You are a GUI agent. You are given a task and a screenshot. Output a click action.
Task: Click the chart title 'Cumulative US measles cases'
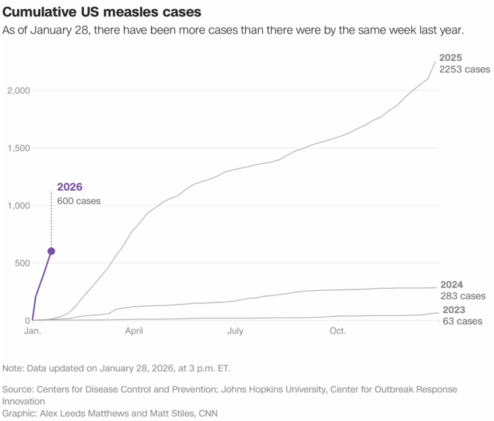click(102, 12)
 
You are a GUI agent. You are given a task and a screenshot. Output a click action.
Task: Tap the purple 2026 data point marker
click(51, 251)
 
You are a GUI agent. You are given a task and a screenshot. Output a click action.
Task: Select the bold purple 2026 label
click(70, 187)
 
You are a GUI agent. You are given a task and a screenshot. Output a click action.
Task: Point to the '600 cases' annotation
click(79, 201)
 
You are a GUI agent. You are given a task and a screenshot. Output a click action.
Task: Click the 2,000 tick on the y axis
click(14, 90)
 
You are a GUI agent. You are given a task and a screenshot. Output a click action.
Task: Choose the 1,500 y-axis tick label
click(14, 148)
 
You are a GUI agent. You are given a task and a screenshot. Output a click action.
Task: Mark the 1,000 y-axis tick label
click(14, 205)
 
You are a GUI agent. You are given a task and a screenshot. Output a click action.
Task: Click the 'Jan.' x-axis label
click(32, 331)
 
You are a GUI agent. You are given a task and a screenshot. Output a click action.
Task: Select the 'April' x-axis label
click(134, 331)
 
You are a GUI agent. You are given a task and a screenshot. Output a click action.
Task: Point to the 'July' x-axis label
click(235, 331)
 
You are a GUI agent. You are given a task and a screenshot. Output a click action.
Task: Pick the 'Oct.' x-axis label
click(337, 331)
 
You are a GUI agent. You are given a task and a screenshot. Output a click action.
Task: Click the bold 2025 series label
click(452, 58)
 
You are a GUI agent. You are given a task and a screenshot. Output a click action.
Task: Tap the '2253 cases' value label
click(465, 69)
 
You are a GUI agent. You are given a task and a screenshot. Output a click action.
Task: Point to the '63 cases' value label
click(462, 321)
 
